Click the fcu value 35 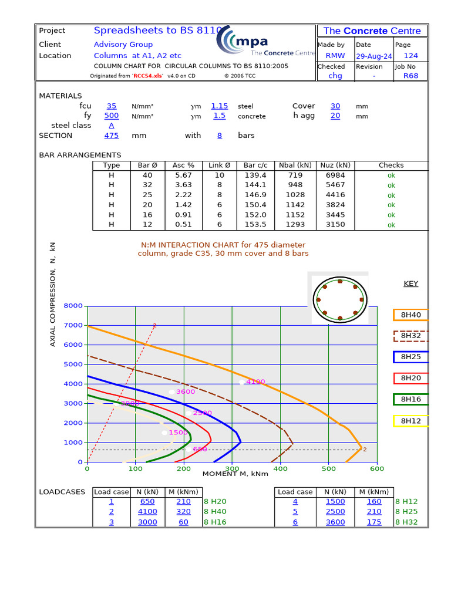[x=112, y=106]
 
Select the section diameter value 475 [x=112, y=136]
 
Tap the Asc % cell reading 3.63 [x=183, y=185]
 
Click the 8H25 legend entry [x=410, y=357]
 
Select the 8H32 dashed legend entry [x=410, y=336]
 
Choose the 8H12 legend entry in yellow [x=410, y=421]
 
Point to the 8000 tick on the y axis [x=73, y=306]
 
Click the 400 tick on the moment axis [x=281, y=469]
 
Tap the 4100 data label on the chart [x=255, y=381]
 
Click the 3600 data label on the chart [x=185, y=391]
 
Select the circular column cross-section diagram [x=339, y=300]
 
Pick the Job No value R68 [x=411, y=76]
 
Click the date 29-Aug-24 [x=373, y=56]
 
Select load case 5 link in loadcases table [x=295, y=512]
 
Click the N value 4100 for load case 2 [x=148, y=512]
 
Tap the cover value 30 [x=335, y=106]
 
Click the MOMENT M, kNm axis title [x=235, y=474]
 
